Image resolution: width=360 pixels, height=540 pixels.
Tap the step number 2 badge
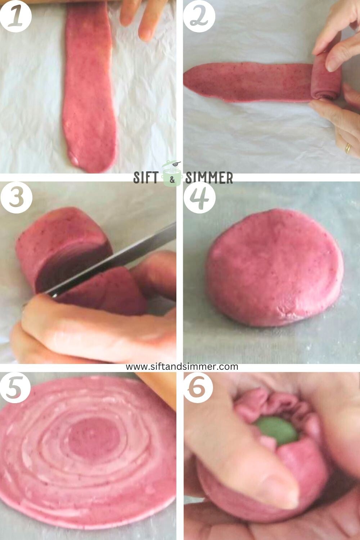(x=199, y=16)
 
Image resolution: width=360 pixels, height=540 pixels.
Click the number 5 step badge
(x=14, y=388)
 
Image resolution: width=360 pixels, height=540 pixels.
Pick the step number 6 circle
(x=198, y=388)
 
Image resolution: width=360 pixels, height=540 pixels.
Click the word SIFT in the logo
(x=147, y=177)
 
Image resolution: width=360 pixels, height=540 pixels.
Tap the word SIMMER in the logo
(x=209, y=177)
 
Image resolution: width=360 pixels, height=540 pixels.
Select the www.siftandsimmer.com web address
(x=182, y=366)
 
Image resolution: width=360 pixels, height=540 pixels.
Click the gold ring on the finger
(x=348, y=148)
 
